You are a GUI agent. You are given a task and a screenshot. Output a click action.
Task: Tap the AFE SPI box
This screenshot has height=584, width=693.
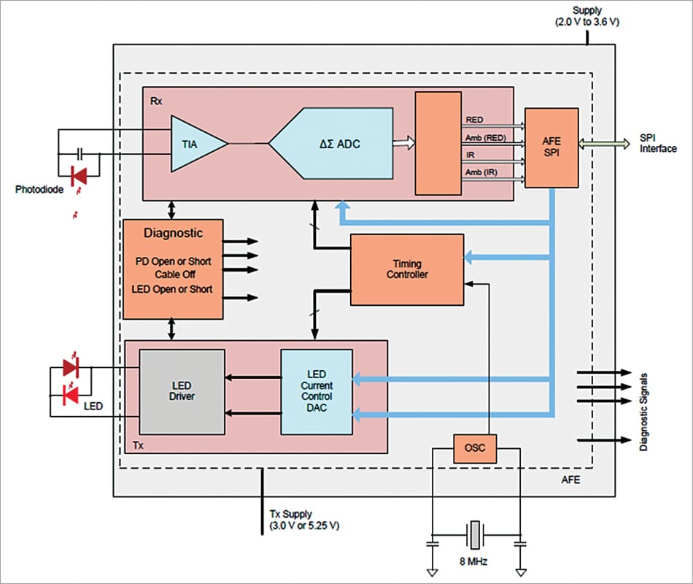click(551, 147)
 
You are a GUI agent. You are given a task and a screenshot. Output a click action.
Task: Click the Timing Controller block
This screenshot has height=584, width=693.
click(407, 269)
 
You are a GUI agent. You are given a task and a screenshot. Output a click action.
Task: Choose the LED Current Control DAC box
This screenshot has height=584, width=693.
click(317, 391)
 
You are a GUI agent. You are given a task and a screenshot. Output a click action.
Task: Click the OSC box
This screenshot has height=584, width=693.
click(474, 448)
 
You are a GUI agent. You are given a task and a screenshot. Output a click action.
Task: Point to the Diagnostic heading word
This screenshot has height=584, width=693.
click(174, 234)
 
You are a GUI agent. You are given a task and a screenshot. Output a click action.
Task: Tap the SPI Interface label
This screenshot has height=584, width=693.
click(657, 143)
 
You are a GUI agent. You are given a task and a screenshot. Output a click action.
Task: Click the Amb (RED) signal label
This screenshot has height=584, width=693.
click(484, 138)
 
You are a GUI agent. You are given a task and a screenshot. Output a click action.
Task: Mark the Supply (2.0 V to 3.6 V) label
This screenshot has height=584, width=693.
click(587, 18)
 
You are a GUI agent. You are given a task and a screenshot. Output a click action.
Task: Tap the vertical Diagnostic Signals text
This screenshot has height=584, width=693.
click(645, 407)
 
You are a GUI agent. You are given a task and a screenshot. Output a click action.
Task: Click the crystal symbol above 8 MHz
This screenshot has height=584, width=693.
click(476, 535)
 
